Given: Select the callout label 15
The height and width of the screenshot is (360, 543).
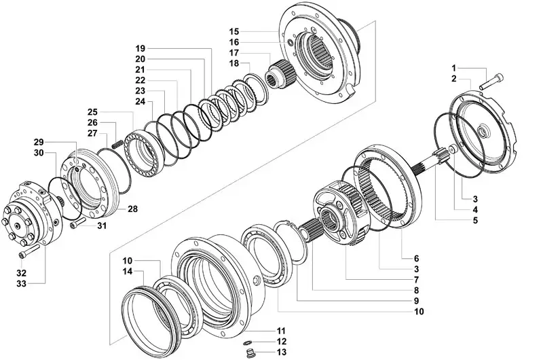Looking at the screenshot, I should click(x=234, y=32).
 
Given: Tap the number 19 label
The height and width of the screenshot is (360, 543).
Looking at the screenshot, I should click(x=141, y=50).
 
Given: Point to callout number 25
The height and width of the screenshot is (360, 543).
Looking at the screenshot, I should click(x=93, y=111).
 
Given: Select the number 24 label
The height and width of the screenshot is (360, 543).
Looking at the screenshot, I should click(x=141, y=101).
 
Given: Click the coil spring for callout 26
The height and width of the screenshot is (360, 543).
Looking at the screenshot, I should click(x=117, y=145).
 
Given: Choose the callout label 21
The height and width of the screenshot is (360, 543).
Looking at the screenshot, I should click(x=141, y=70).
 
